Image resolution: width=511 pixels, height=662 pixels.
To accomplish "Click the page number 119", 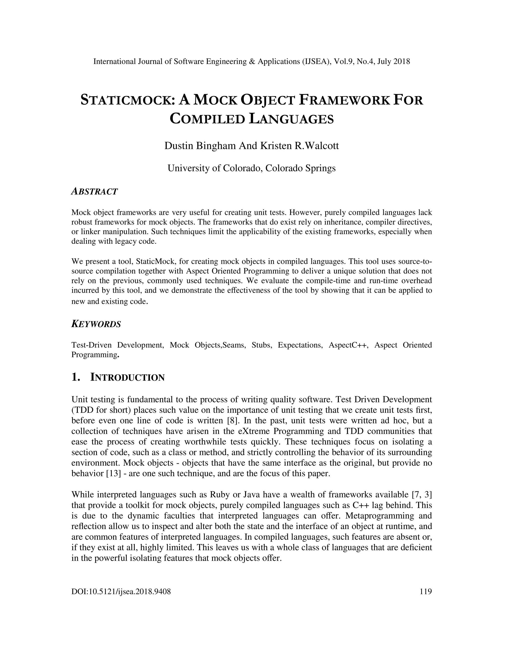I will point(426,591).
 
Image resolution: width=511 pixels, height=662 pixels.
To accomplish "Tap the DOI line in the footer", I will point(121,591).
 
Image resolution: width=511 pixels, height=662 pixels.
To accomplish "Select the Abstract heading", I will point(94,192).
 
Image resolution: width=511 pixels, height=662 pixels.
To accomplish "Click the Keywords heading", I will point(96,324).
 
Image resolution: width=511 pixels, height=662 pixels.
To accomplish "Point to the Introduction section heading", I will point(127,378).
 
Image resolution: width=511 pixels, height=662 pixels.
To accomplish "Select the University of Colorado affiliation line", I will point(252,168).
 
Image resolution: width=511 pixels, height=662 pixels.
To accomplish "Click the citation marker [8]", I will point(233,420).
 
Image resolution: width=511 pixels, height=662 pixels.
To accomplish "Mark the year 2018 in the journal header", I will point(402,61).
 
